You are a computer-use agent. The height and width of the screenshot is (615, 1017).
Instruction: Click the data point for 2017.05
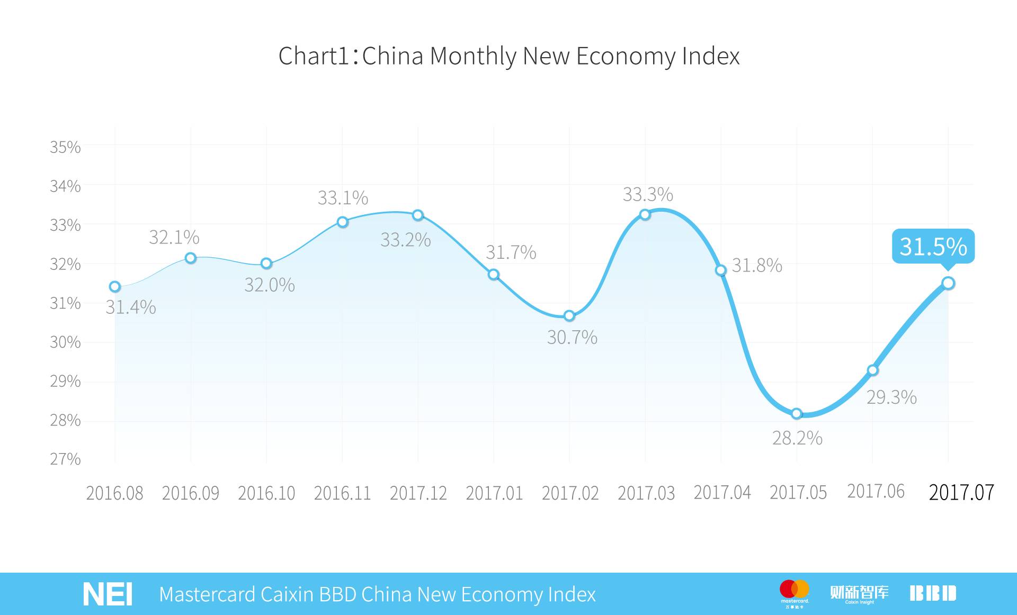tap(797, 413)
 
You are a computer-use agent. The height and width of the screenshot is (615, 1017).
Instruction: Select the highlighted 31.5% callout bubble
tap(933, 247)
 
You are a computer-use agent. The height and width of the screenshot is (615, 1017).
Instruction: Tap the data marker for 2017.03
tap(645, 214)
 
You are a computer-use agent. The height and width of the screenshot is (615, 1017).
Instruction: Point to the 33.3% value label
tap(648, 195)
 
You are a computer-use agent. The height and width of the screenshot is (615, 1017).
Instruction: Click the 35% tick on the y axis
tap(65, 147)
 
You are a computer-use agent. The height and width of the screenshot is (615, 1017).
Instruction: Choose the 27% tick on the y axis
tap(65, 459)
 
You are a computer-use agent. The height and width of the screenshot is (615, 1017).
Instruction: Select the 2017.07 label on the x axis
tap(961, 493)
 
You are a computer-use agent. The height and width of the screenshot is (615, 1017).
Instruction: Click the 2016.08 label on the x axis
tap(114, 493)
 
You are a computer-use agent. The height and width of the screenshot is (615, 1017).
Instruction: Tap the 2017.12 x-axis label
tap(418, 493)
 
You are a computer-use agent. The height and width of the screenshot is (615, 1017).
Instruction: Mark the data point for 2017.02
tap(569, 316)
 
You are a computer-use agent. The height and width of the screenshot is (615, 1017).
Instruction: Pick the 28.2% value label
tap(797, 438)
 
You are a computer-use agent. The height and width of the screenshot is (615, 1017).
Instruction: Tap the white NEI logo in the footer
tap(108, 594)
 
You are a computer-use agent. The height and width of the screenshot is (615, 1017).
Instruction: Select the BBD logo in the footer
tap(933, 593)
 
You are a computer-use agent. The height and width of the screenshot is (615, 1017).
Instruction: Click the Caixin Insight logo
tap(859, 594)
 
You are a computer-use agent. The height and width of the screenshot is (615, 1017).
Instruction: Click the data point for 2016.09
tap(191, 258)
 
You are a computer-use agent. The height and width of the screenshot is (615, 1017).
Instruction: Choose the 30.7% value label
tap(572, 337)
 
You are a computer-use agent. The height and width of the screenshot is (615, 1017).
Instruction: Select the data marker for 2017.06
tap(873, 370)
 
